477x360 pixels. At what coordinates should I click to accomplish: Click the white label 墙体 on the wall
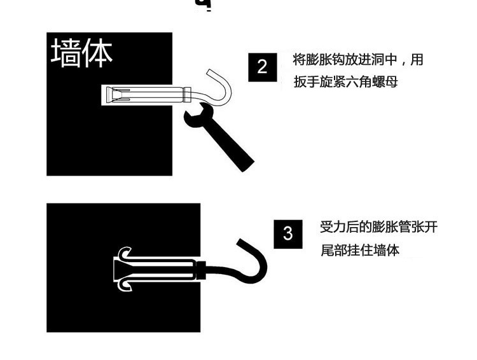81,53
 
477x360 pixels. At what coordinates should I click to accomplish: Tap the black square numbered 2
263,67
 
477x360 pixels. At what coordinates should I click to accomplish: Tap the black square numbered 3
288,234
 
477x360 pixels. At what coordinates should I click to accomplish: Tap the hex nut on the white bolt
187,94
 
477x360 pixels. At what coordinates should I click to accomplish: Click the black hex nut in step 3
201,270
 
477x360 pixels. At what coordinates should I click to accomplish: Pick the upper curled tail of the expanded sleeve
124,254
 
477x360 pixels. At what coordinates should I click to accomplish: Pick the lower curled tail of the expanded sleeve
125,286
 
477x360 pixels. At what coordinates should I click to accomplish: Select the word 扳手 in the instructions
307,82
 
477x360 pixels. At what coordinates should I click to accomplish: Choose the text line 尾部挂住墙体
360,250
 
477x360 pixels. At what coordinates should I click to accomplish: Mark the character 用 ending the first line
417,60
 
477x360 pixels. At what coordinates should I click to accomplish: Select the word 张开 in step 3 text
425,227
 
